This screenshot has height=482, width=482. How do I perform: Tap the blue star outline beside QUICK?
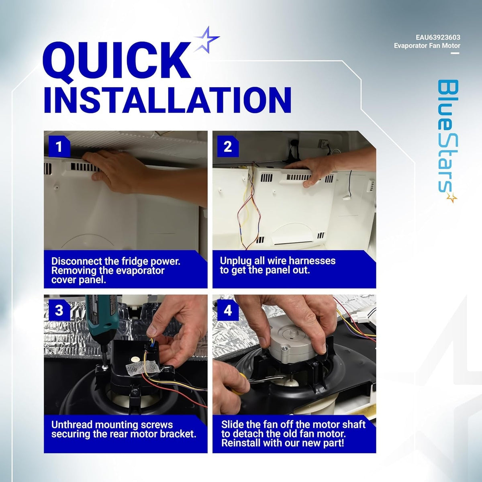pyautogui.click(x=206, y=39)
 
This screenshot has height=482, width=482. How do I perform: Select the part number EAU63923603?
pyautogui.click(x=438, y=37)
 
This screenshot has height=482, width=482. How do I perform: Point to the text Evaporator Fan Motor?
pyautogui.click(x=427, y=46)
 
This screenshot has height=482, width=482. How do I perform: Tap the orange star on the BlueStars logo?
pyautogui.click(x=452, y=198)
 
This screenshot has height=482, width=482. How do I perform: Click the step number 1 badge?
pyautogui.click(x=59, y=147)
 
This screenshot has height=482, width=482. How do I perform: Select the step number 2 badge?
pyautogui.click(x=228, y=147)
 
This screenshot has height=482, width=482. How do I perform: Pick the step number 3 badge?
pyautogui.click(x=59, y=310)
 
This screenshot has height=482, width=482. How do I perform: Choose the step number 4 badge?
pyautogui.click(x=228, y=310)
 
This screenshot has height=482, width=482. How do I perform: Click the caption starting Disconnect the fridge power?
pyautogui.click(x=116, y=270)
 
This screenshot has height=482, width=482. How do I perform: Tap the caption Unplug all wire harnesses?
pyautogui.click(x=278, y=266)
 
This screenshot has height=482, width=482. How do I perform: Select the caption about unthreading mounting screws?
pyautogui.click(x=124, y=429)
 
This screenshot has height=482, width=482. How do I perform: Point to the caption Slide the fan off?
pyautogui.click(x=293, y=434)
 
